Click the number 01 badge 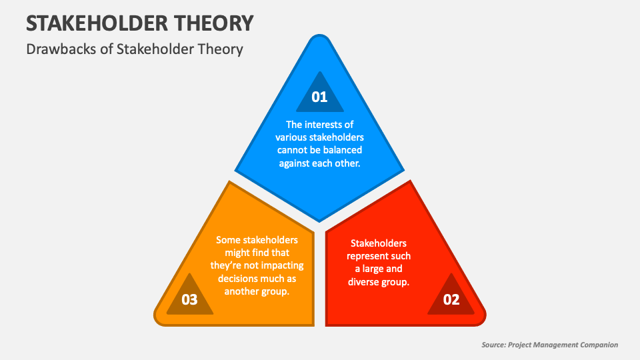[x=320, y=97]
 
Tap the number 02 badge [x=451, y=299]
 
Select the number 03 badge [x=189, y=299]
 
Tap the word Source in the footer [x=493, y=345]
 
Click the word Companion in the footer [x=596, y=345]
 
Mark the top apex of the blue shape [x=320, y=37]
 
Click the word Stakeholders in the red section [x=379, y=243]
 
